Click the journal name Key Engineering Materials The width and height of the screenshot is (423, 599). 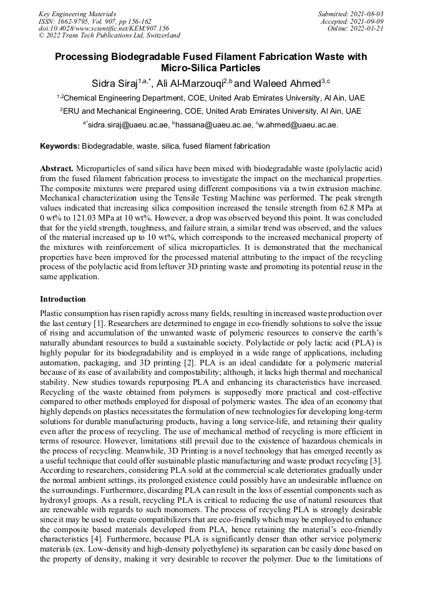tap(77, 13)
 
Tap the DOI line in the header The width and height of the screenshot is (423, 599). tap(104, 28)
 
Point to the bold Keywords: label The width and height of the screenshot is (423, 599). tap(60, 146)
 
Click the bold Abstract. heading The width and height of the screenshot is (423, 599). tap(57, 169)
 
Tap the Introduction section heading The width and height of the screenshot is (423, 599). tap(63, 299)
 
